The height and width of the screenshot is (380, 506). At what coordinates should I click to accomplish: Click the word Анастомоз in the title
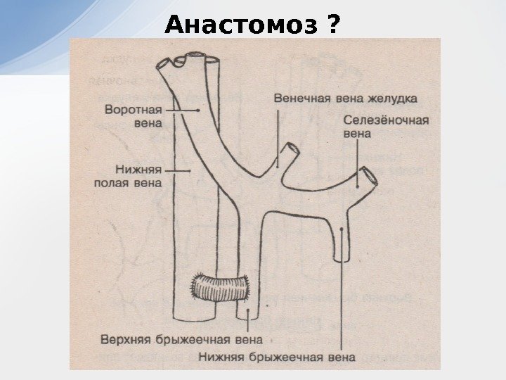pos(242,26)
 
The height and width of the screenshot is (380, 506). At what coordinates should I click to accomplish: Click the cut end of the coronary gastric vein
pos(290,150)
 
